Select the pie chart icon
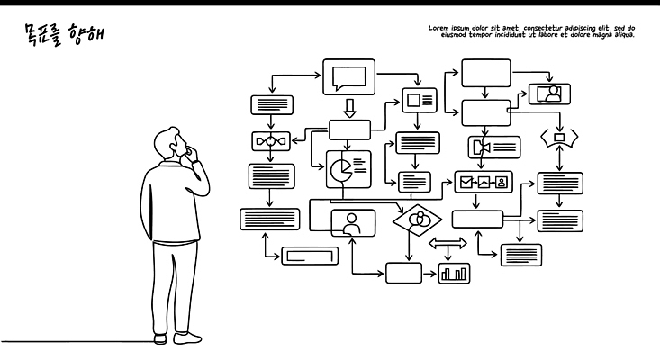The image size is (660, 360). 340,169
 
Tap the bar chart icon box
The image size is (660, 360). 455,273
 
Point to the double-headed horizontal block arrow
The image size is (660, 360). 448,244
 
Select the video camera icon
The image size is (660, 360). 479,147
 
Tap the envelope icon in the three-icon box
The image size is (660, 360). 466,183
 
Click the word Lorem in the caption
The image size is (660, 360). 439,28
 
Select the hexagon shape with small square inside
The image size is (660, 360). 558,138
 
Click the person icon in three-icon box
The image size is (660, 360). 502,183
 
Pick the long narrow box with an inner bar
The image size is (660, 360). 310,256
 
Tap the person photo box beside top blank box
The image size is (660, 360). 548,94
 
